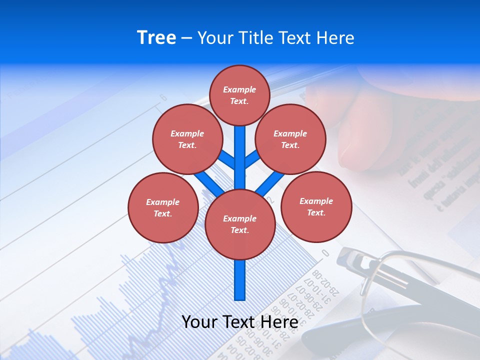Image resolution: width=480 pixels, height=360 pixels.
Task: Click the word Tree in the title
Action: (x=156, y=38)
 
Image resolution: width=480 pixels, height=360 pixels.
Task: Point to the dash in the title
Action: (x=186, y=38)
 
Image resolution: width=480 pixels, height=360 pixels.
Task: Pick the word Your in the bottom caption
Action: (x=199, y=322)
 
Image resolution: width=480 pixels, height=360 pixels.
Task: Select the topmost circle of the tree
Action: (x=239, y=95)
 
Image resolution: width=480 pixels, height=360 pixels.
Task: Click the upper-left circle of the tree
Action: (x=187, y=139)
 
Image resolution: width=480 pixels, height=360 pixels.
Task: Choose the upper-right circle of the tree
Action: (x=290, y=139)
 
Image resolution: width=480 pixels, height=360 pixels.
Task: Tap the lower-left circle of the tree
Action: (x=163, y=207)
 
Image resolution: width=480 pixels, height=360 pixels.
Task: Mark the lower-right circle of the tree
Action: (x=316, y=206)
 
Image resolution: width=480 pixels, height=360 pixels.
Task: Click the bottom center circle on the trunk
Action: (x=240, y=224)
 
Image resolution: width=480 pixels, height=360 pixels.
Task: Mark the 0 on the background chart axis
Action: (x=325, y=253)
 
